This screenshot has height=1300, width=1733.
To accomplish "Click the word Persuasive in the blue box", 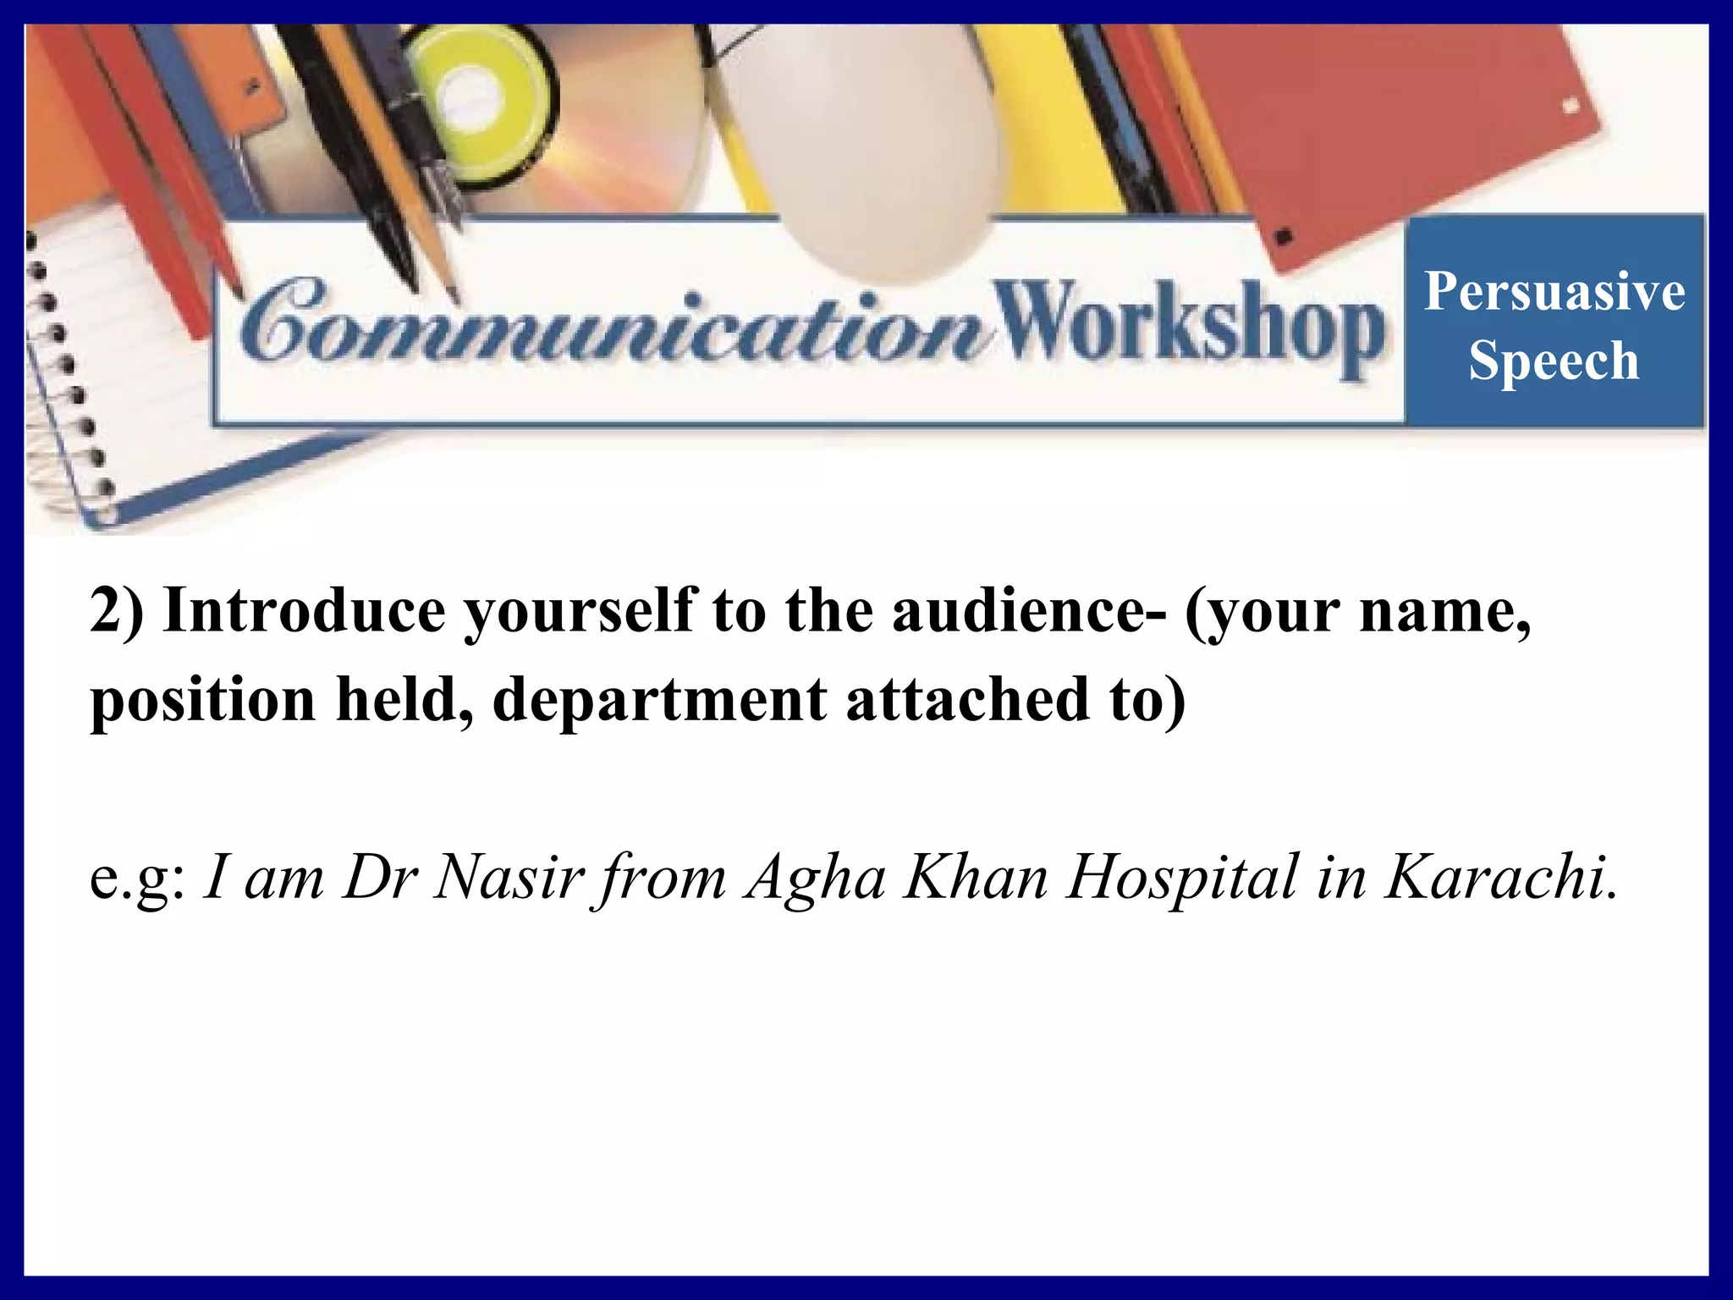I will pos(1554,291).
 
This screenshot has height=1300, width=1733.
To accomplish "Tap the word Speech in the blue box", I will pos(1554,361).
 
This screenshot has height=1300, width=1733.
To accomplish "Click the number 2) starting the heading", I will pos(117,609).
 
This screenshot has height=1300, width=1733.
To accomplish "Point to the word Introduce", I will pos(304,609).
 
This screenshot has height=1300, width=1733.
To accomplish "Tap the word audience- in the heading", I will pos(1029,609).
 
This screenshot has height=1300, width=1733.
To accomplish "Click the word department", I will pos(659,701).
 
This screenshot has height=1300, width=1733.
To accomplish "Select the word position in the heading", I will pos(203,701).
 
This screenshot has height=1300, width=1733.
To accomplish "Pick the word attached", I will pos(967,699).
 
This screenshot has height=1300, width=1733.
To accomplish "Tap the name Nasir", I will pos(509,877).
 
